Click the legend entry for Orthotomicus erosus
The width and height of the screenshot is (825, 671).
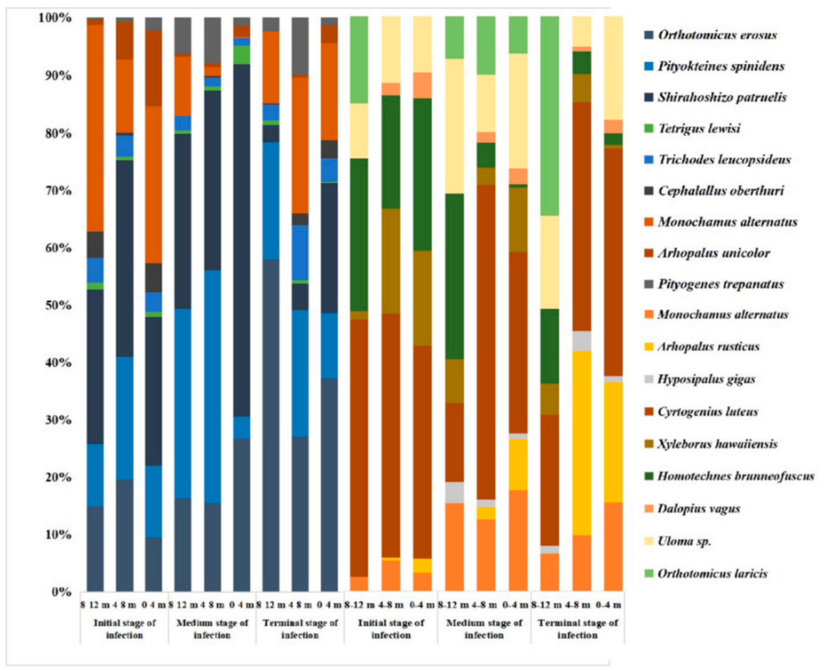[717, 35]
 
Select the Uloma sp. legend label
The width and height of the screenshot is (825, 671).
[684, 541]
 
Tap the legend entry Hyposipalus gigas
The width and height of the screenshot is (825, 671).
[706, 380]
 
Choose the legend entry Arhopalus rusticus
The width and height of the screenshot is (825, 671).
[707, 347]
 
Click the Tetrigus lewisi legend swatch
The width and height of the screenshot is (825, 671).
[649, 128]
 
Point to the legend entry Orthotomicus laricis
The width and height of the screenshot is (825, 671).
[712, 573]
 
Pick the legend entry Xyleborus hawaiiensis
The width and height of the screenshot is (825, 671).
[717, 444]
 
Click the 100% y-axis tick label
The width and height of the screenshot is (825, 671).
[55, 18]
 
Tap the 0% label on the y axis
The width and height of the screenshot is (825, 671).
[61, 592]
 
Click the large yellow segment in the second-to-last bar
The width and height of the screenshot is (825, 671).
[581, 442]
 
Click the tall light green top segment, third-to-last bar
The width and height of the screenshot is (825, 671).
[549, 115]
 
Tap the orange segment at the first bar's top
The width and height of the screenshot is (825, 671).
[95, 127]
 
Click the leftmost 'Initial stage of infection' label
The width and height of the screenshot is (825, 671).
[124, 629]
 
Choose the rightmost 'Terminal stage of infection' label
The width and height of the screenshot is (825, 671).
[577, 629]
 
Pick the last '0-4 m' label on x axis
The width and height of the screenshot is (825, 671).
[608, 604]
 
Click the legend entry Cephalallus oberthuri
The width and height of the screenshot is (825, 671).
[720, 191]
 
